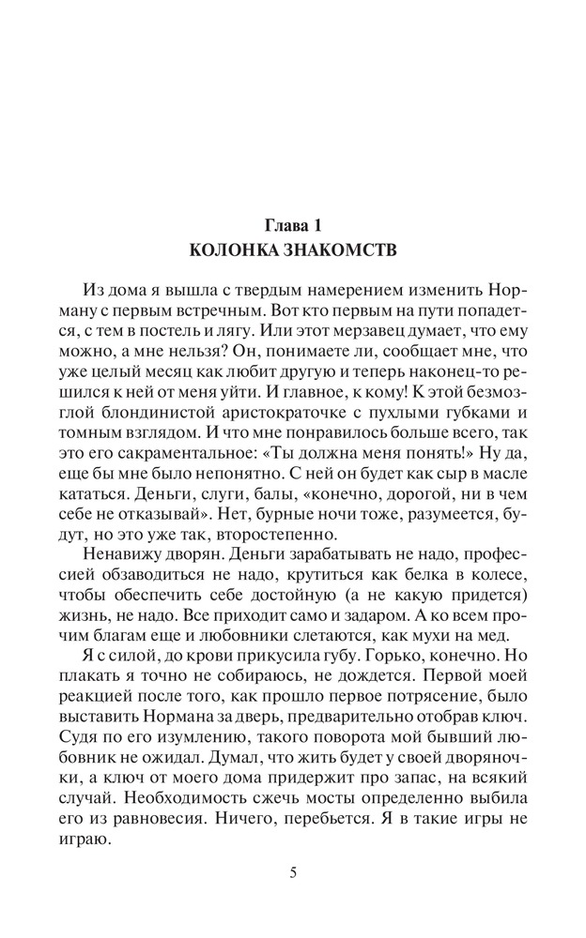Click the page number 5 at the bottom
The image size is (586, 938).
(x=293, y=872)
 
